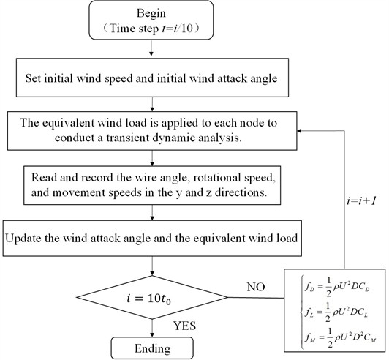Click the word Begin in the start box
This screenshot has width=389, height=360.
150,13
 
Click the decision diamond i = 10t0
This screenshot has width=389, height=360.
150,297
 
